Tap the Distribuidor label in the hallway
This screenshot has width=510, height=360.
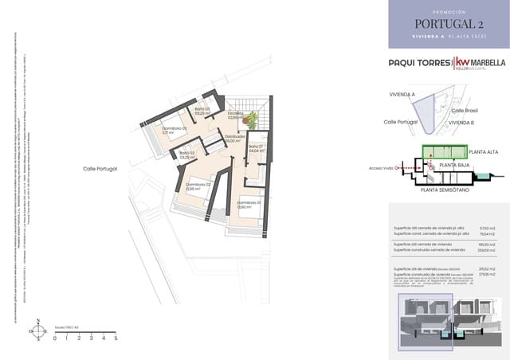[235, 138]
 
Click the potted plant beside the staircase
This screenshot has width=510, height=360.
[253, 120]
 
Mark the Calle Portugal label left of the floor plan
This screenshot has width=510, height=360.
[100, 169]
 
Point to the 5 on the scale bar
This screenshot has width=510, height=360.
[116, 338]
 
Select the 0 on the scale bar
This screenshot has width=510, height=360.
[55, 338]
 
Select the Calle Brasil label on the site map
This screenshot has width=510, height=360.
[464, 111]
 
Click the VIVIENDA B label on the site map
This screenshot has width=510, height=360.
[461, 123]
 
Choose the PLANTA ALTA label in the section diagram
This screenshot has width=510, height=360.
[484, 151]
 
